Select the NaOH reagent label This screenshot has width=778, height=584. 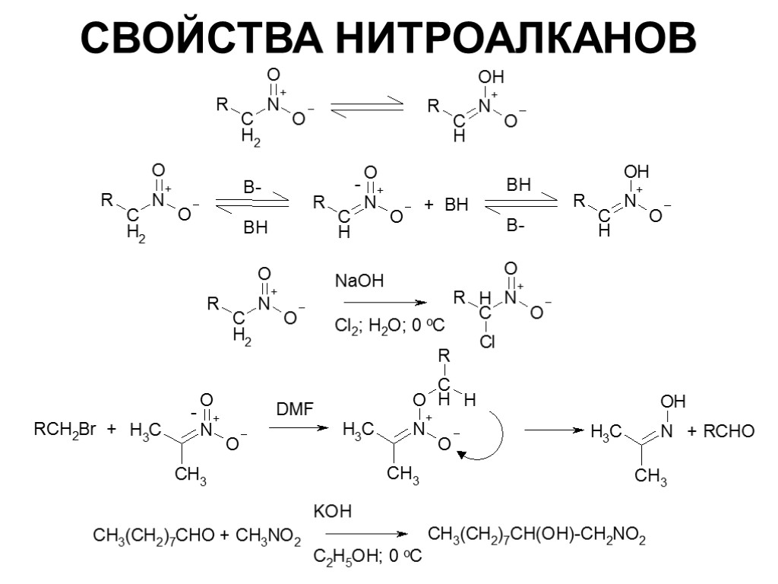359,281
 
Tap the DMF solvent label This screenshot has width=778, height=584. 294,411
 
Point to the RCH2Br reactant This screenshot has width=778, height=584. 65,431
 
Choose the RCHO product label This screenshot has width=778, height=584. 729,432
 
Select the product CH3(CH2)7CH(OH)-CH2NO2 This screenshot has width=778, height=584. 537,536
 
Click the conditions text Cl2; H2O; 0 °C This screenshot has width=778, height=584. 389,325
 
